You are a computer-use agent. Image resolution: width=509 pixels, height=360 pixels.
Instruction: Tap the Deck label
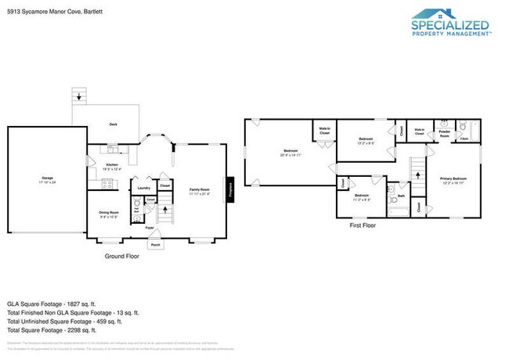(114, 124)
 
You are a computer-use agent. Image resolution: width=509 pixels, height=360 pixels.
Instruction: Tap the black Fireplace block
(230, 189)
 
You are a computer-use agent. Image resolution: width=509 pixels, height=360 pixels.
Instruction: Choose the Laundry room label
(143, 188)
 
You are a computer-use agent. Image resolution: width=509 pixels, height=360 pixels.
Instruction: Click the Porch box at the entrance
(155, 244)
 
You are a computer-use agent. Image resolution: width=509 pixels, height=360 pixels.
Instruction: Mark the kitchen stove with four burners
(107, 185)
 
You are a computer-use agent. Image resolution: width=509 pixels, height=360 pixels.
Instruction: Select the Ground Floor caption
(121, 256)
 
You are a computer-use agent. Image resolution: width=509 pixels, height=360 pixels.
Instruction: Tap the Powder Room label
(443, 135)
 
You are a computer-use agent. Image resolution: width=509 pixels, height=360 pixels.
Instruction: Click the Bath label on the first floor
(400, 196)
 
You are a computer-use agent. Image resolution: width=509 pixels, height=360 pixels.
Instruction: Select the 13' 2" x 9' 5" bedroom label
(366, 142)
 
